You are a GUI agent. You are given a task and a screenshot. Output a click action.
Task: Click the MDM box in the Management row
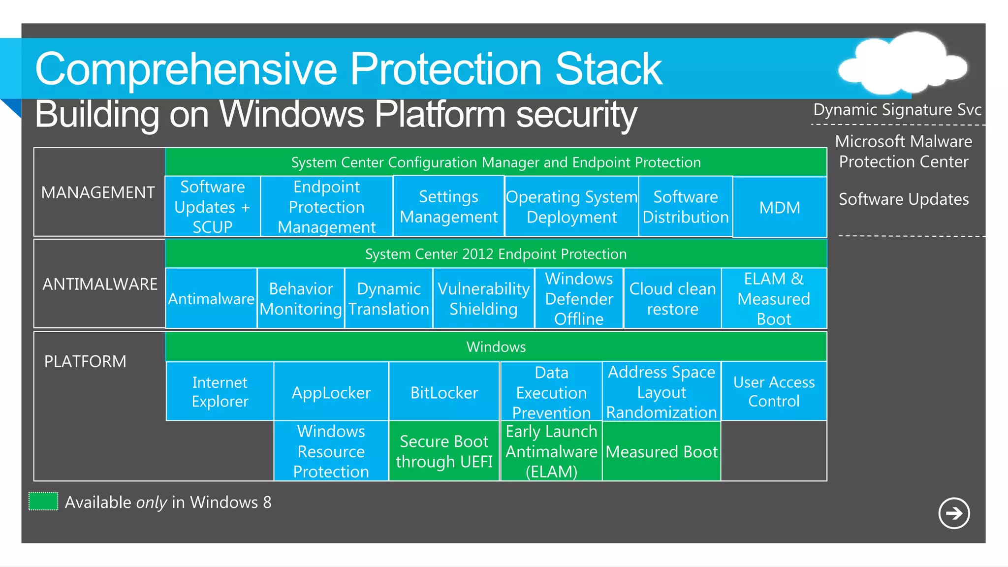780,207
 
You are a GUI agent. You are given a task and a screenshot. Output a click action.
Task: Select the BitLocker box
444,392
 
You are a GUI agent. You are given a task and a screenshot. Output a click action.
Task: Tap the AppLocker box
331,392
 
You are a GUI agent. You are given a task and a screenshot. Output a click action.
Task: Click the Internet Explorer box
220,392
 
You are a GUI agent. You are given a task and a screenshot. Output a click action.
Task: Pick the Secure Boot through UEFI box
444,451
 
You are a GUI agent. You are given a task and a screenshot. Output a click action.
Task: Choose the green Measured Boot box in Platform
661,451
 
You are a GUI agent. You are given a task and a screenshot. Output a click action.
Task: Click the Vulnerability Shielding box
483,299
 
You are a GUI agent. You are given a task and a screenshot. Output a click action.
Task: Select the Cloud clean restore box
672,299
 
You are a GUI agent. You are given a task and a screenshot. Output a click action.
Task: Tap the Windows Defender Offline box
579,299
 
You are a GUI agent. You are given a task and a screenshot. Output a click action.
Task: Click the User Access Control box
774,392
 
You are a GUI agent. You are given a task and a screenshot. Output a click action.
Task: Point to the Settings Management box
448,207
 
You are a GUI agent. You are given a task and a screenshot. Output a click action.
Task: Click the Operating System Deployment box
571,207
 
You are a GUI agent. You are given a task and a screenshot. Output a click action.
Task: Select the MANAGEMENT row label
98,192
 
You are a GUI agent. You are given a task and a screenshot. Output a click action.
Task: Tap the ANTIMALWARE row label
100,284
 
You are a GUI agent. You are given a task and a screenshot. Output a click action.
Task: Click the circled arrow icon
954,513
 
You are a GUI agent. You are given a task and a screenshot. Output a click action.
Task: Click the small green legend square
43,502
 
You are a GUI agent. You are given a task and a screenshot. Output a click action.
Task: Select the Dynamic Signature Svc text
897,109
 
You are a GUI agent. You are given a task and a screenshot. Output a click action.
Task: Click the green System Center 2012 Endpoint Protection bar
496,254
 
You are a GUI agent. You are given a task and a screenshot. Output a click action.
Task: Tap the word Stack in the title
608,69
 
